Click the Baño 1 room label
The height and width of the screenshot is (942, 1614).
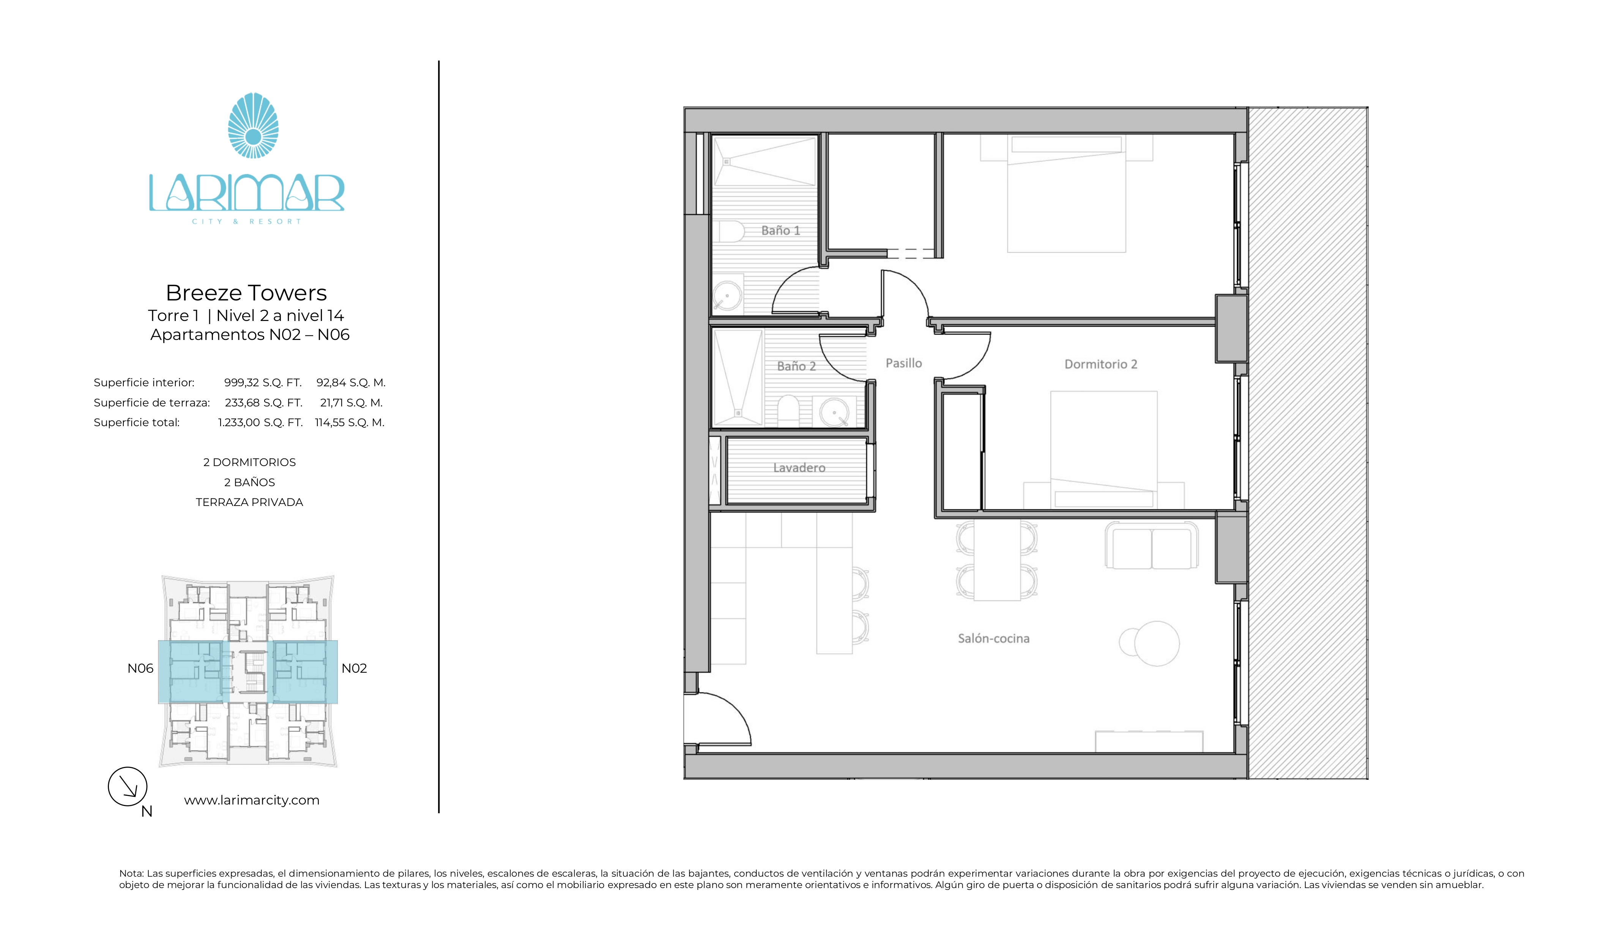coord(780,231)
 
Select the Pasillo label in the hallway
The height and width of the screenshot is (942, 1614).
coord(903,364)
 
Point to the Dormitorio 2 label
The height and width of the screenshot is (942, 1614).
coord(1100,364)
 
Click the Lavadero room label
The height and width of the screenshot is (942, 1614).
coord(799,468)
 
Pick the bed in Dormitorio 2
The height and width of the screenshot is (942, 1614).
coord(1103,449)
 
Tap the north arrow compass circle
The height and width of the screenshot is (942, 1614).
coord(128,786)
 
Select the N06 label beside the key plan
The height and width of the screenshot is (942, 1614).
coord(140,669)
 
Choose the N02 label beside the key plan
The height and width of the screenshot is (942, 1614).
coord(354,669)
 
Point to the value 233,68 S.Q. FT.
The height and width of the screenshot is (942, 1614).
coord(263,402)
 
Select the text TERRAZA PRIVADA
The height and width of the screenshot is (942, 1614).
coord(249,503)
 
